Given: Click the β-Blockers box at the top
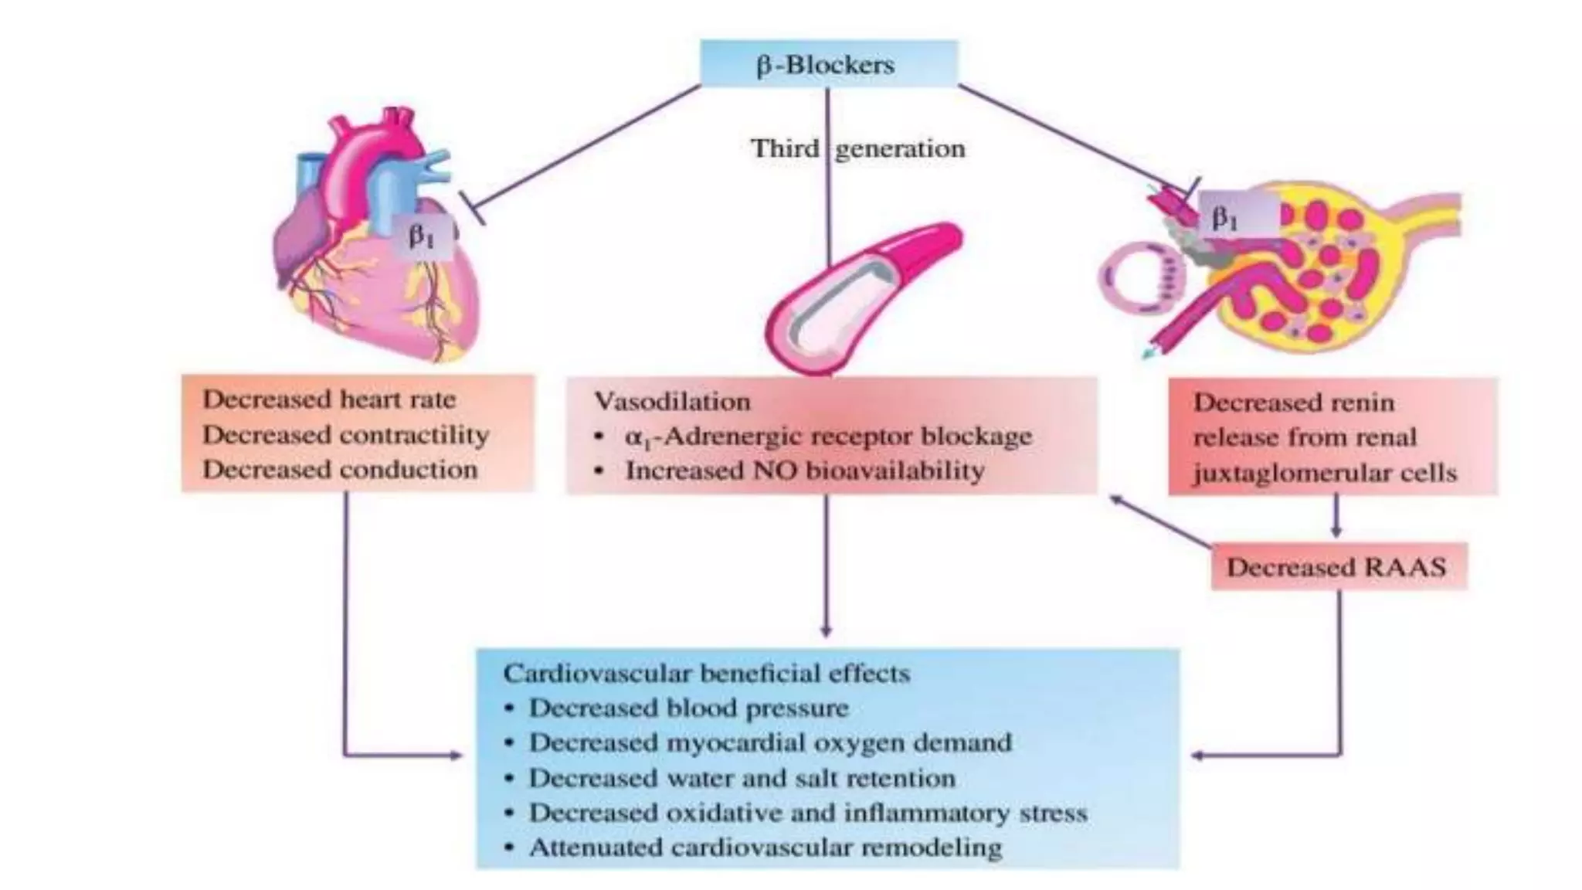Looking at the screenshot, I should click(x=827, y=64).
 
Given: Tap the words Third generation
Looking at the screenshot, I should click(x=857, y=148).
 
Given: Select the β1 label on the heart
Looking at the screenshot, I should click(x=423, y=235).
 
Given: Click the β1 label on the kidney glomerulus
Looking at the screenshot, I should click(x=1225, y=219).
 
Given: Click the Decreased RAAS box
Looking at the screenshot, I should click(x=1337, y=567).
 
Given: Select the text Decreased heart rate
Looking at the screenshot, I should click(x=330, y=399).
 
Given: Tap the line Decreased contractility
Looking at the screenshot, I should click(x=346, y=435).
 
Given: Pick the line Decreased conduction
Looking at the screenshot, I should click(x=341, y=470).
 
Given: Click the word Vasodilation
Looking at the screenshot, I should click(x=672, y=402).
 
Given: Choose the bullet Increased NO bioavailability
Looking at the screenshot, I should click(x=804, y=470).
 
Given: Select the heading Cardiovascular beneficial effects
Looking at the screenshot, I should click(x=706, y=673).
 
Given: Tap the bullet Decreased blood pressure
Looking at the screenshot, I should click(x=688, y=708).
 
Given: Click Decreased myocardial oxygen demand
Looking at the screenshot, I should click(x=769, y=742).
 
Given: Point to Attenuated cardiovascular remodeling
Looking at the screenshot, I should click(x=765, y=848).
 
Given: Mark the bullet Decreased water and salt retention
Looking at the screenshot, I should click(x=742, y=778).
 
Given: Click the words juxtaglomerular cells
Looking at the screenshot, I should click(x=1325, y=473).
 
